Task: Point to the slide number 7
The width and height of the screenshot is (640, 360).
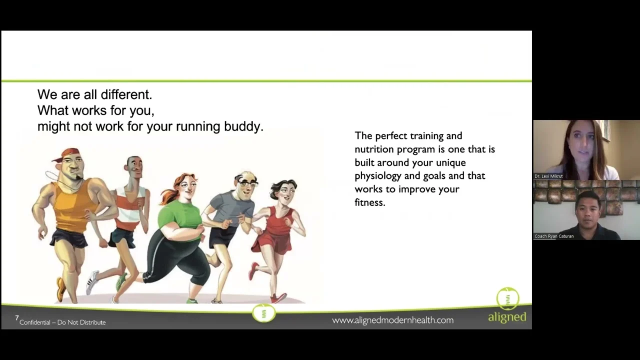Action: [x=17, y=317]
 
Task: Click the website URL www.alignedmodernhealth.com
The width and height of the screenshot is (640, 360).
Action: [x=392, y=320]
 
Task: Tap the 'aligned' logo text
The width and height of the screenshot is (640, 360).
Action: [x=507, y=317]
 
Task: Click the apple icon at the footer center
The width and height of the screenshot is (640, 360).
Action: [x=263, y=313]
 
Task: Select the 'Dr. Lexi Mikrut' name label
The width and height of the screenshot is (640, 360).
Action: [x=548, y=176]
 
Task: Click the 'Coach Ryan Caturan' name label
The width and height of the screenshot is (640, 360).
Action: [x=554, y=236]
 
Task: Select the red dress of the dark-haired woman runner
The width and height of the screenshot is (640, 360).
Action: [x=273, y=234]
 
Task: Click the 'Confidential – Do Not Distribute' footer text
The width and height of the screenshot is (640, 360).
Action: [x=62, y=322]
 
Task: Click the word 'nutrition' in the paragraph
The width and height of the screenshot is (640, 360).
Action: [x=373, y=149]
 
